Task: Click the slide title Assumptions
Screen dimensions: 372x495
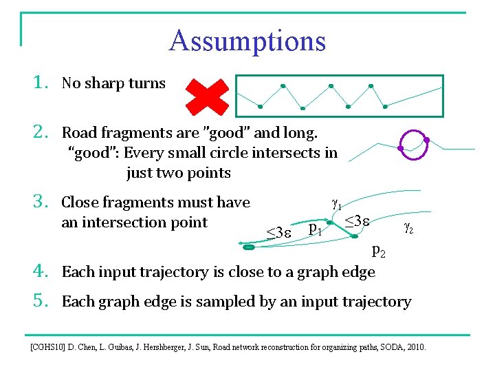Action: coord(247,41)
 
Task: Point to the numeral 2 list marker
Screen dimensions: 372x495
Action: coord(40,132)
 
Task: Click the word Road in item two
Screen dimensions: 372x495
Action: coord(78,132)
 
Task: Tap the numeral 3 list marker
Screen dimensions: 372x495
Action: coord(40,203)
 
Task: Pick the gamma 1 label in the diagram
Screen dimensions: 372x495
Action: coord(337,204)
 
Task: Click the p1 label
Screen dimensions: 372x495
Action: coord(316,228)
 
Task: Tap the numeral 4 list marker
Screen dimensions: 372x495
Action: coord(40,271)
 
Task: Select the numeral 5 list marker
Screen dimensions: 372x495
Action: coord(40,301)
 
